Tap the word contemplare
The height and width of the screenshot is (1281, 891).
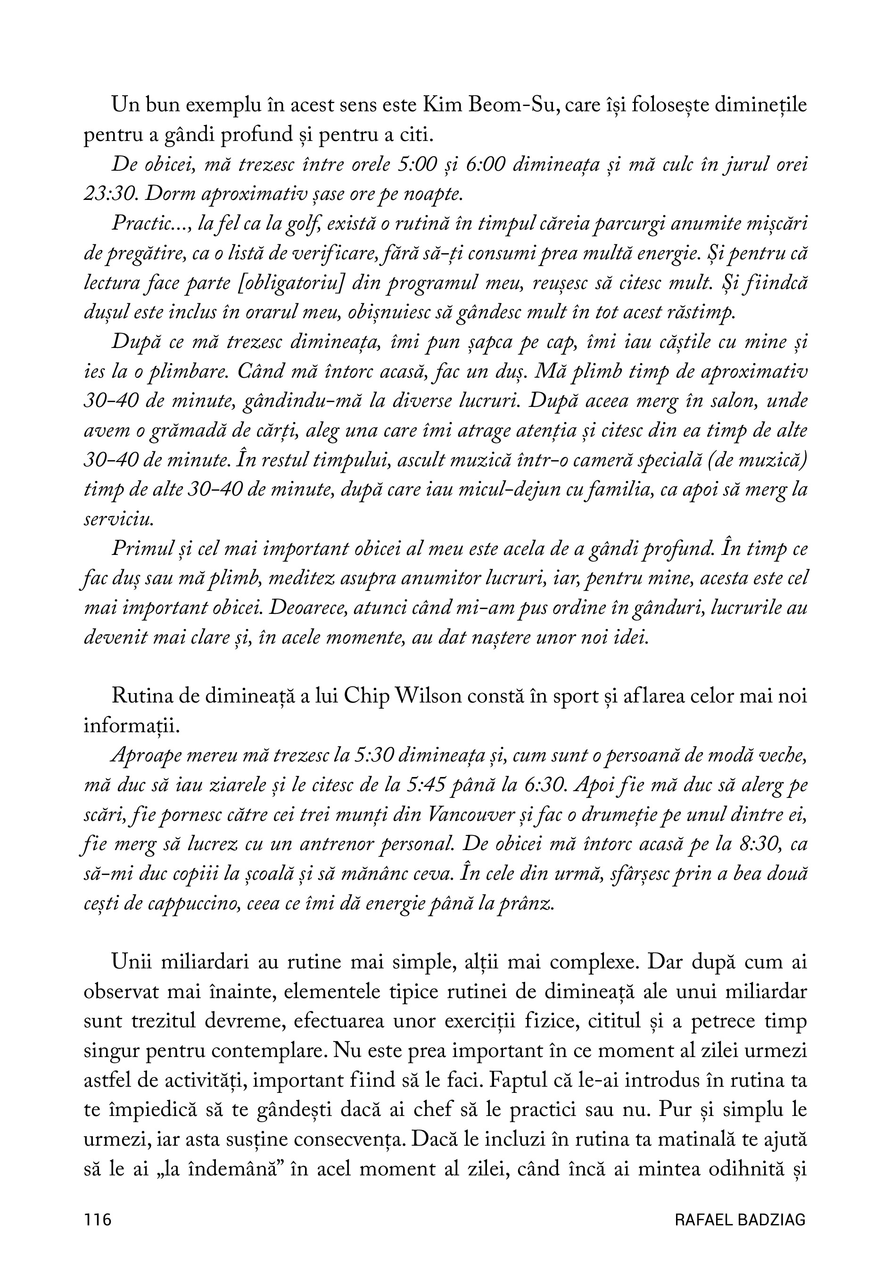pos(258,1052)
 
